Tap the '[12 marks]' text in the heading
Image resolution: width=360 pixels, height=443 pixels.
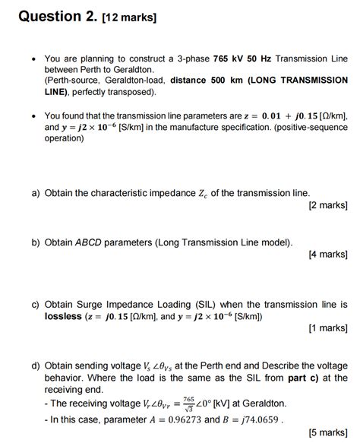tap(129, 17)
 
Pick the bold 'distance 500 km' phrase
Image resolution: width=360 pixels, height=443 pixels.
tap(207, 80)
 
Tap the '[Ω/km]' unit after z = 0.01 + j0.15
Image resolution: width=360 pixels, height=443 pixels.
tap(327, 116)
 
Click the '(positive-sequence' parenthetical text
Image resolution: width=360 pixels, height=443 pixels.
tap(308, 128)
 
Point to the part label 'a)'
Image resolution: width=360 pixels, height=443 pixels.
tap(36, 193)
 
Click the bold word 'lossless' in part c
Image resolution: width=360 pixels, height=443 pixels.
tap(63, 316)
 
